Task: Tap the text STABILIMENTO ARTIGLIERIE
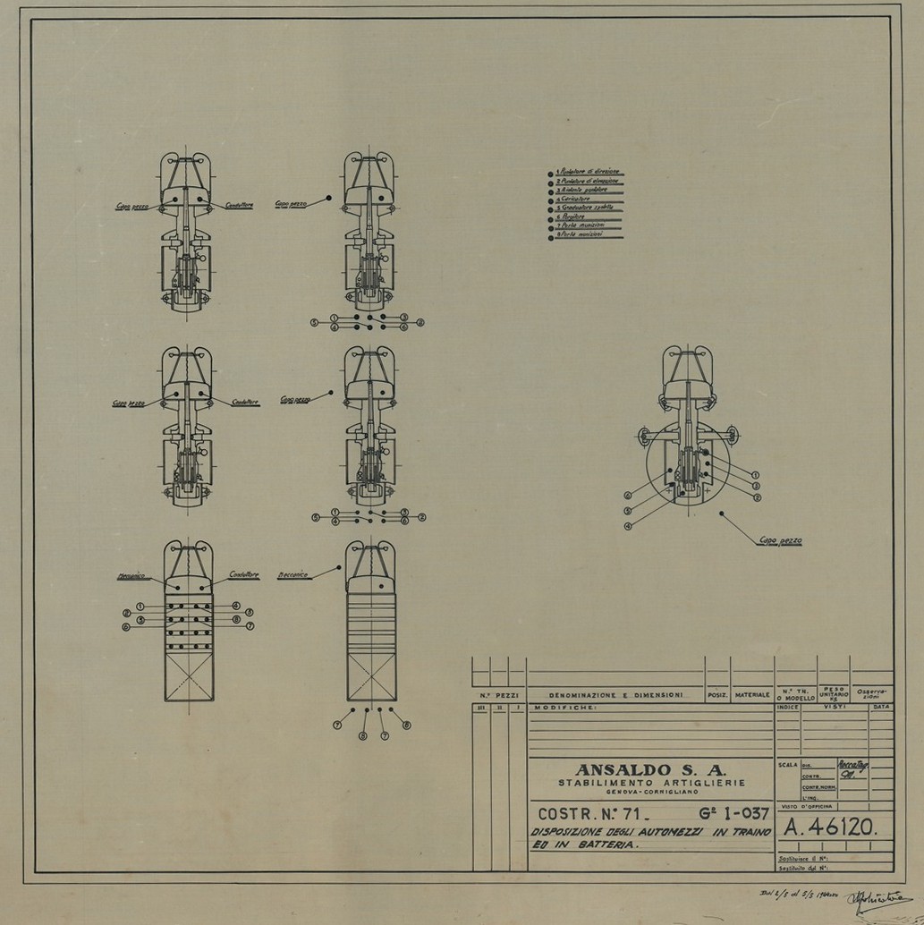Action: click(x=650, y=784)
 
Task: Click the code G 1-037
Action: click(x=716, y=815)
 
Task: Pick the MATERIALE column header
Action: click(x=752, y=694)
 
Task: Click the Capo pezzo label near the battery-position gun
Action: click(x=780, y=541)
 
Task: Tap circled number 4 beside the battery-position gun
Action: click(x=628, y=526)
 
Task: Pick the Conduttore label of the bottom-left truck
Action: click(x=243, y=575)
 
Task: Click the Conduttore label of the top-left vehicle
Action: click(x=239, y=205)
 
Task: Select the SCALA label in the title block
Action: click(x=787, y=765)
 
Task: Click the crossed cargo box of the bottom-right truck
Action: click(x=371, y=676)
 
